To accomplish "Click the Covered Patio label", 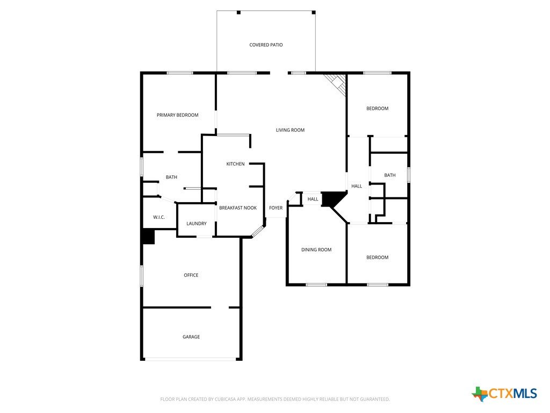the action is pos(266,45).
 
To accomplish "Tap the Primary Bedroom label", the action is pos(177,115).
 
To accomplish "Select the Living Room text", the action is pos(290,130).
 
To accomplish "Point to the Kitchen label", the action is pos(235,164).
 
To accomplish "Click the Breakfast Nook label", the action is pos(238,208).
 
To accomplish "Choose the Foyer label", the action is pos(276,208).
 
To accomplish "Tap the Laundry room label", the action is pos(197,224).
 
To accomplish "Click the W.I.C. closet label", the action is pos(159,217).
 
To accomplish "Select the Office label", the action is pos(191,275).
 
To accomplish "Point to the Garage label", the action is pos(191,337).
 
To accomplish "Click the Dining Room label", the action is pos(316,250).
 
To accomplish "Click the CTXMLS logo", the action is pos(504,393).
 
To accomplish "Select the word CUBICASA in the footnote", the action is pos(225,400).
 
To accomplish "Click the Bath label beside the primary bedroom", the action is pos(171,177).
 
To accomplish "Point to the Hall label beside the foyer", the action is pos(313,199).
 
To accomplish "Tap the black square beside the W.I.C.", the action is pos(148,237).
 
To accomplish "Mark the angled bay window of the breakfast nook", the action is pos(258,231).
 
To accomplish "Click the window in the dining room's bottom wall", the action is pos(316,284).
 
